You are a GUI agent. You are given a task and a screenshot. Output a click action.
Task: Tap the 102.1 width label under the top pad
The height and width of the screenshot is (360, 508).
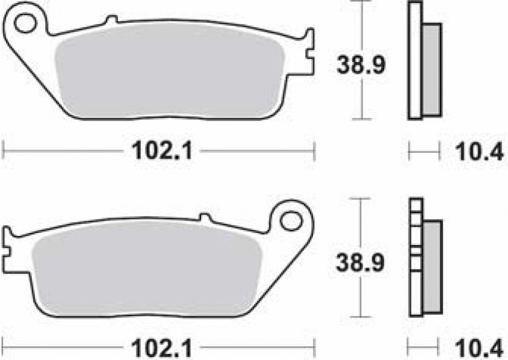point(162,151)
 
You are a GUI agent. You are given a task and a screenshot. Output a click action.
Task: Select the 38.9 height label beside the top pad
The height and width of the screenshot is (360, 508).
point(361,65)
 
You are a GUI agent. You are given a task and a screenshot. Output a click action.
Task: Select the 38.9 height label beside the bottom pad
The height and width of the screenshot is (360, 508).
point(360,263)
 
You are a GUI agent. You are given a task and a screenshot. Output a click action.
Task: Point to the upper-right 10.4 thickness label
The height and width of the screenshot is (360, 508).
point(480,151)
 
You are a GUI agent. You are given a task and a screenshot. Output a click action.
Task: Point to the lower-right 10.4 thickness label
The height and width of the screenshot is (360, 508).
point(479,349)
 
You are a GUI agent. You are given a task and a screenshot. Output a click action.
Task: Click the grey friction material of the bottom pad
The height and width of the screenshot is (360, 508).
point(146,269)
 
